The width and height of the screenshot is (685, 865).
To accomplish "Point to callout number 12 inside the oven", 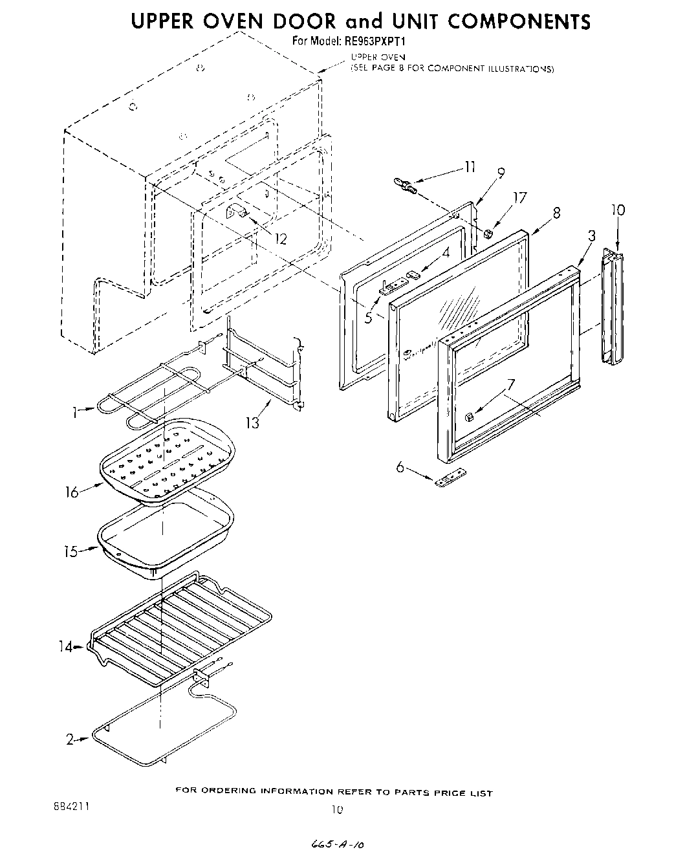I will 281,239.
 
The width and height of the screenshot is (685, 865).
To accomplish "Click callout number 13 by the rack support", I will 252,422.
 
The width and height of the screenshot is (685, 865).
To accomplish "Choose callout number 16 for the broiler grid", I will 71,492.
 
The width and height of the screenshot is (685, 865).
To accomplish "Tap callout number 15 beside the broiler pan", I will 71,552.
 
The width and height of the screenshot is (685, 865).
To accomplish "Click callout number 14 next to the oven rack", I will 67,646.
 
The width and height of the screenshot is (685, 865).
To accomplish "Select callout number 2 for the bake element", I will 70,740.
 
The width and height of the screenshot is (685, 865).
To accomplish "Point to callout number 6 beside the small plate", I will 400,466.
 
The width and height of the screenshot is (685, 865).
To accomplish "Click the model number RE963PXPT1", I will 378,41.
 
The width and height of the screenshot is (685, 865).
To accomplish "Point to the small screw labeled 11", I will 405,187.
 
